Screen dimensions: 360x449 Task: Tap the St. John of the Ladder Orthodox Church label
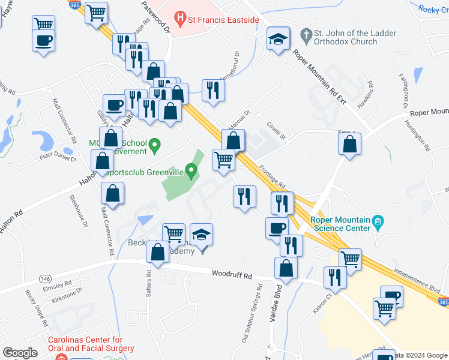[x=339, y=37]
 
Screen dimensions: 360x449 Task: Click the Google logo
[x=20, y=352]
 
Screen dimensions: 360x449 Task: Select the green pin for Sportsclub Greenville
[x=191, y=173]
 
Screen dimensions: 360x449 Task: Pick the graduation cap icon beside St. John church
[x=278, y=39]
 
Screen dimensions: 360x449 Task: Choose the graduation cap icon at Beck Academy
[x=202, y=234]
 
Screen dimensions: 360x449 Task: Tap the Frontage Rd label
[x=273, y=178]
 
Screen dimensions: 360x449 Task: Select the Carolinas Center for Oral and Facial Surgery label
[x=91, y=348]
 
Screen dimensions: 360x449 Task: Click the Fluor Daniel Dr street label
[x=56, y=158]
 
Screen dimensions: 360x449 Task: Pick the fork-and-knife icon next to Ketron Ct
[x=334, y=277]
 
